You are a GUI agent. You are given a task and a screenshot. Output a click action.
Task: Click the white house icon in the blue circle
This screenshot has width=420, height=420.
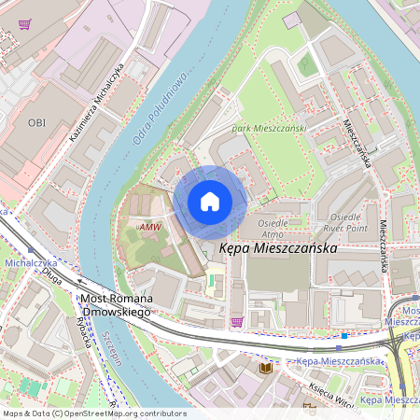(x=210, y=201)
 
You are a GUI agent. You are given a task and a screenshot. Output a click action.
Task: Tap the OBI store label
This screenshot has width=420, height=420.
(x=36, y=122)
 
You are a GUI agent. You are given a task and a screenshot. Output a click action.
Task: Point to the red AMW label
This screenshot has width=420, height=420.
(x=148, y=227)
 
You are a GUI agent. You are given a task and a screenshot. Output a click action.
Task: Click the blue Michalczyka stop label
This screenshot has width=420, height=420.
(x=31, y=264)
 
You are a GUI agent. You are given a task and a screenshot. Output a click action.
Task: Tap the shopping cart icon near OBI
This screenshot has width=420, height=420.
(x=24, y=24)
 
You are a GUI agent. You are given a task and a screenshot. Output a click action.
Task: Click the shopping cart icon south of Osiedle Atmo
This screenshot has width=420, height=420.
(x=237, y=321)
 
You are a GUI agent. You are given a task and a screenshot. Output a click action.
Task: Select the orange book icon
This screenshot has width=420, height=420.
(x=266, y=369)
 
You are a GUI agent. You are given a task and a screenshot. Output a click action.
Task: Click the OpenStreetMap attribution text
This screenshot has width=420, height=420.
(x=93, y=413)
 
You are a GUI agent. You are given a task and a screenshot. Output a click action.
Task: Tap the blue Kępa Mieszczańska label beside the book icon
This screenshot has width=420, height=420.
(x=340, y=361)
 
